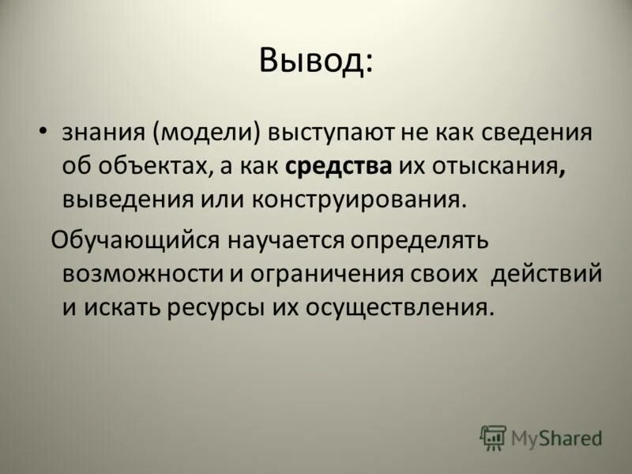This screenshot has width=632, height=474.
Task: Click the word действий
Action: [x=546, y=273]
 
